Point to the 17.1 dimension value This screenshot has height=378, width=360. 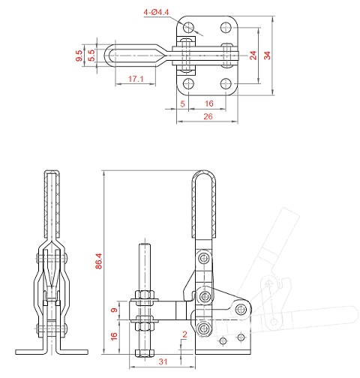tap(136, 79)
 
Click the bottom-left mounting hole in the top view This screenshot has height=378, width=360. tap(187, 83)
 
